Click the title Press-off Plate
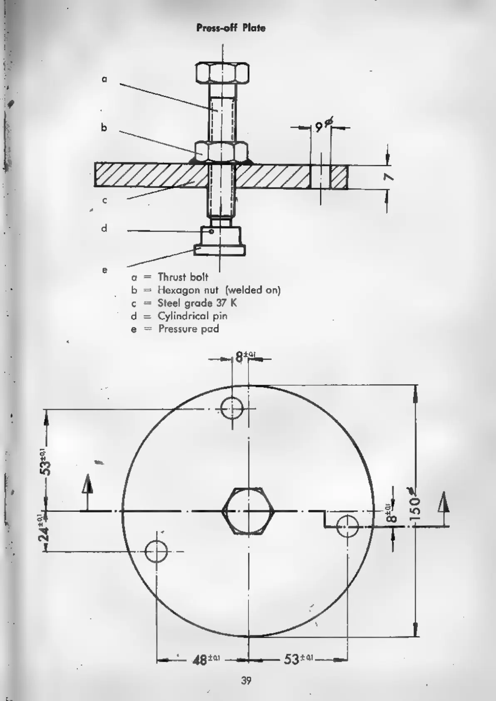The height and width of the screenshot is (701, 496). pos(231,28)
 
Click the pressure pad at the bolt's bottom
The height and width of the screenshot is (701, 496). pos(219,250)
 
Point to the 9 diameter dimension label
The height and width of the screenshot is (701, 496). pos(321,126)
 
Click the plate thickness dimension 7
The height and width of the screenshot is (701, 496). pos(389,177)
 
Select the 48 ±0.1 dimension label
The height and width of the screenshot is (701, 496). pos(206,659)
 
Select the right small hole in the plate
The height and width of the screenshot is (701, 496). pos(347,527)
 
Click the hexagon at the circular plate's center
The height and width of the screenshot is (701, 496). pos(248,510)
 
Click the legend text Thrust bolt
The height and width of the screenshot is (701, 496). pos(183,277)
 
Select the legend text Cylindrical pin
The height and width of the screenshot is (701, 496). pos(192,316)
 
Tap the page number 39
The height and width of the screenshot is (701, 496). pos(246,681)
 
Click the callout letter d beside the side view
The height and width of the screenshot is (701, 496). pos(104,229)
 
